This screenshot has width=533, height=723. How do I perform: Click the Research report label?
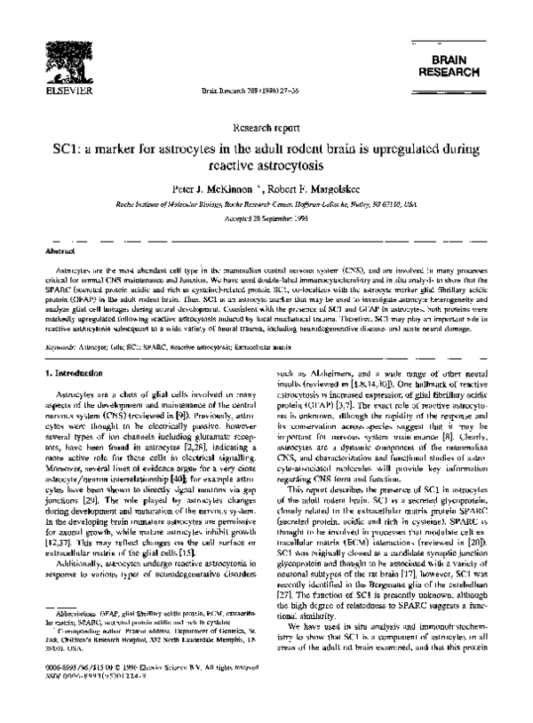[266, 127]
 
